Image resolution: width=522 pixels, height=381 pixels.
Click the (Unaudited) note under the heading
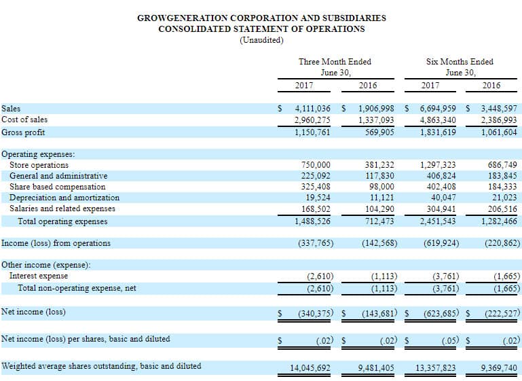261,40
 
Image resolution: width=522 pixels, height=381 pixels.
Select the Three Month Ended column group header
335,62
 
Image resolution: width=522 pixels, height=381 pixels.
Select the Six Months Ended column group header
460,62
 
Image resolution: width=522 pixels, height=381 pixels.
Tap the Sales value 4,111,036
313,109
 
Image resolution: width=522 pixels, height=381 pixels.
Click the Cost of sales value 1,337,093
376,120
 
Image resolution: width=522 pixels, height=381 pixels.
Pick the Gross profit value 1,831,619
439,132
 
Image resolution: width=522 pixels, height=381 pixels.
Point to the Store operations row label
39,165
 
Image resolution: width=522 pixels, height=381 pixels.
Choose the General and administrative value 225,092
316,176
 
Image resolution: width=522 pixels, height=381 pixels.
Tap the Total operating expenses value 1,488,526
313,221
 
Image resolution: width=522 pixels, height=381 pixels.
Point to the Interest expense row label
39,276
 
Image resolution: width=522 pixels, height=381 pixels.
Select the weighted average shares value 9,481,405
376,367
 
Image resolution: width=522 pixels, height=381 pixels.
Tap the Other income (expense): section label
46,265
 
